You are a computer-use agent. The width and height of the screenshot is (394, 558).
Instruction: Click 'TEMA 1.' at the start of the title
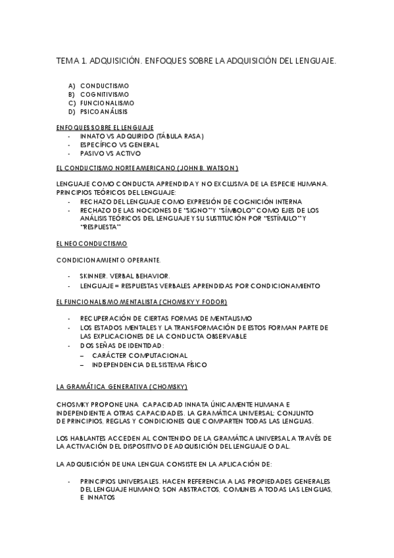pos(72,61)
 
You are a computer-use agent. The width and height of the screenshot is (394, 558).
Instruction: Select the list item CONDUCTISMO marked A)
pos(105,86)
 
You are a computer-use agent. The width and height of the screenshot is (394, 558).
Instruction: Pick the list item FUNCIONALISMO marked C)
pos(107,103)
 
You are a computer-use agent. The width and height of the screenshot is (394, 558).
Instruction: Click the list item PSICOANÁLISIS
pos(105,111)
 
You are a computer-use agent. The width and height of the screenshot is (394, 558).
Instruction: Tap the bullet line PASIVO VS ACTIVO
pos(111,153)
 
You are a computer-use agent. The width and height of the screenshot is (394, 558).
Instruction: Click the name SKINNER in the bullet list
pos(94,276)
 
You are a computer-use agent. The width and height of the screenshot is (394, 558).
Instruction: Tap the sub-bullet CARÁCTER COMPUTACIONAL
pos(135,355)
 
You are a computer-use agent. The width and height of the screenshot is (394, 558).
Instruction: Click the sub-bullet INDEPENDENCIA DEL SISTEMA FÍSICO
pos(149,364)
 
